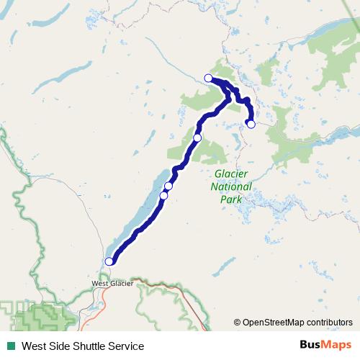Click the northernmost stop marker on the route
(x=209, y=78)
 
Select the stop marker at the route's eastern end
(x=251, y=124)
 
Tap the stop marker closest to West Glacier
(x=109, y=261)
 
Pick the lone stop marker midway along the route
(x=197, y=138)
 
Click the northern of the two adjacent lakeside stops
(x=168, y=186)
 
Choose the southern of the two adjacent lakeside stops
(x=163, y=195)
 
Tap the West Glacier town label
(x=112, y=284)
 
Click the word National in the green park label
(x=231, y=186)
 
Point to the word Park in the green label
(x=230, y=198)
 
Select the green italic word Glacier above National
(x=232, y=175)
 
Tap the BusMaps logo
(x=323, y=346)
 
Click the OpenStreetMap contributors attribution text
(x=297, y=323)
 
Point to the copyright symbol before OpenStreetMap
(x=237, y=323)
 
